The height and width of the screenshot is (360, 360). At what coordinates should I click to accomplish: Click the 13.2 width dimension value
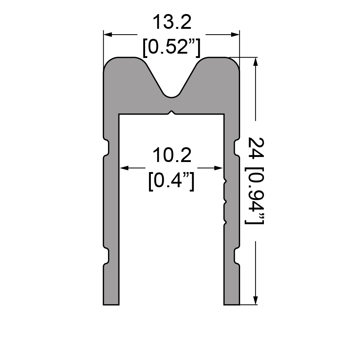point(172,22)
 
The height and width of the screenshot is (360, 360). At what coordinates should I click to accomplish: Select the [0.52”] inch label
point(171,48)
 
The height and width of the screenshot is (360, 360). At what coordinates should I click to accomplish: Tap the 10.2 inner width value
point(172,155)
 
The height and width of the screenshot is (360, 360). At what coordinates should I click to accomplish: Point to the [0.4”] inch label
point(171,181)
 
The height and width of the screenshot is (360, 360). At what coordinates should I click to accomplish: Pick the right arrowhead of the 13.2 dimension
point(235,35)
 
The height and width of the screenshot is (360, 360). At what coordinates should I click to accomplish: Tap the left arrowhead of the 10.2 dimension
point(124,168)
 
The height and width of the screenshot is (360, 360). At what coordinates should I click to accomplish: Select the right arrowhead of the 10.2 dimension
point(219,168)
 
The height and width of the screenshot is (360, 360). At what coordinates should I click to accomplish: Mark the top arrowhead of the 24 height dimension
point(255,62)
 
